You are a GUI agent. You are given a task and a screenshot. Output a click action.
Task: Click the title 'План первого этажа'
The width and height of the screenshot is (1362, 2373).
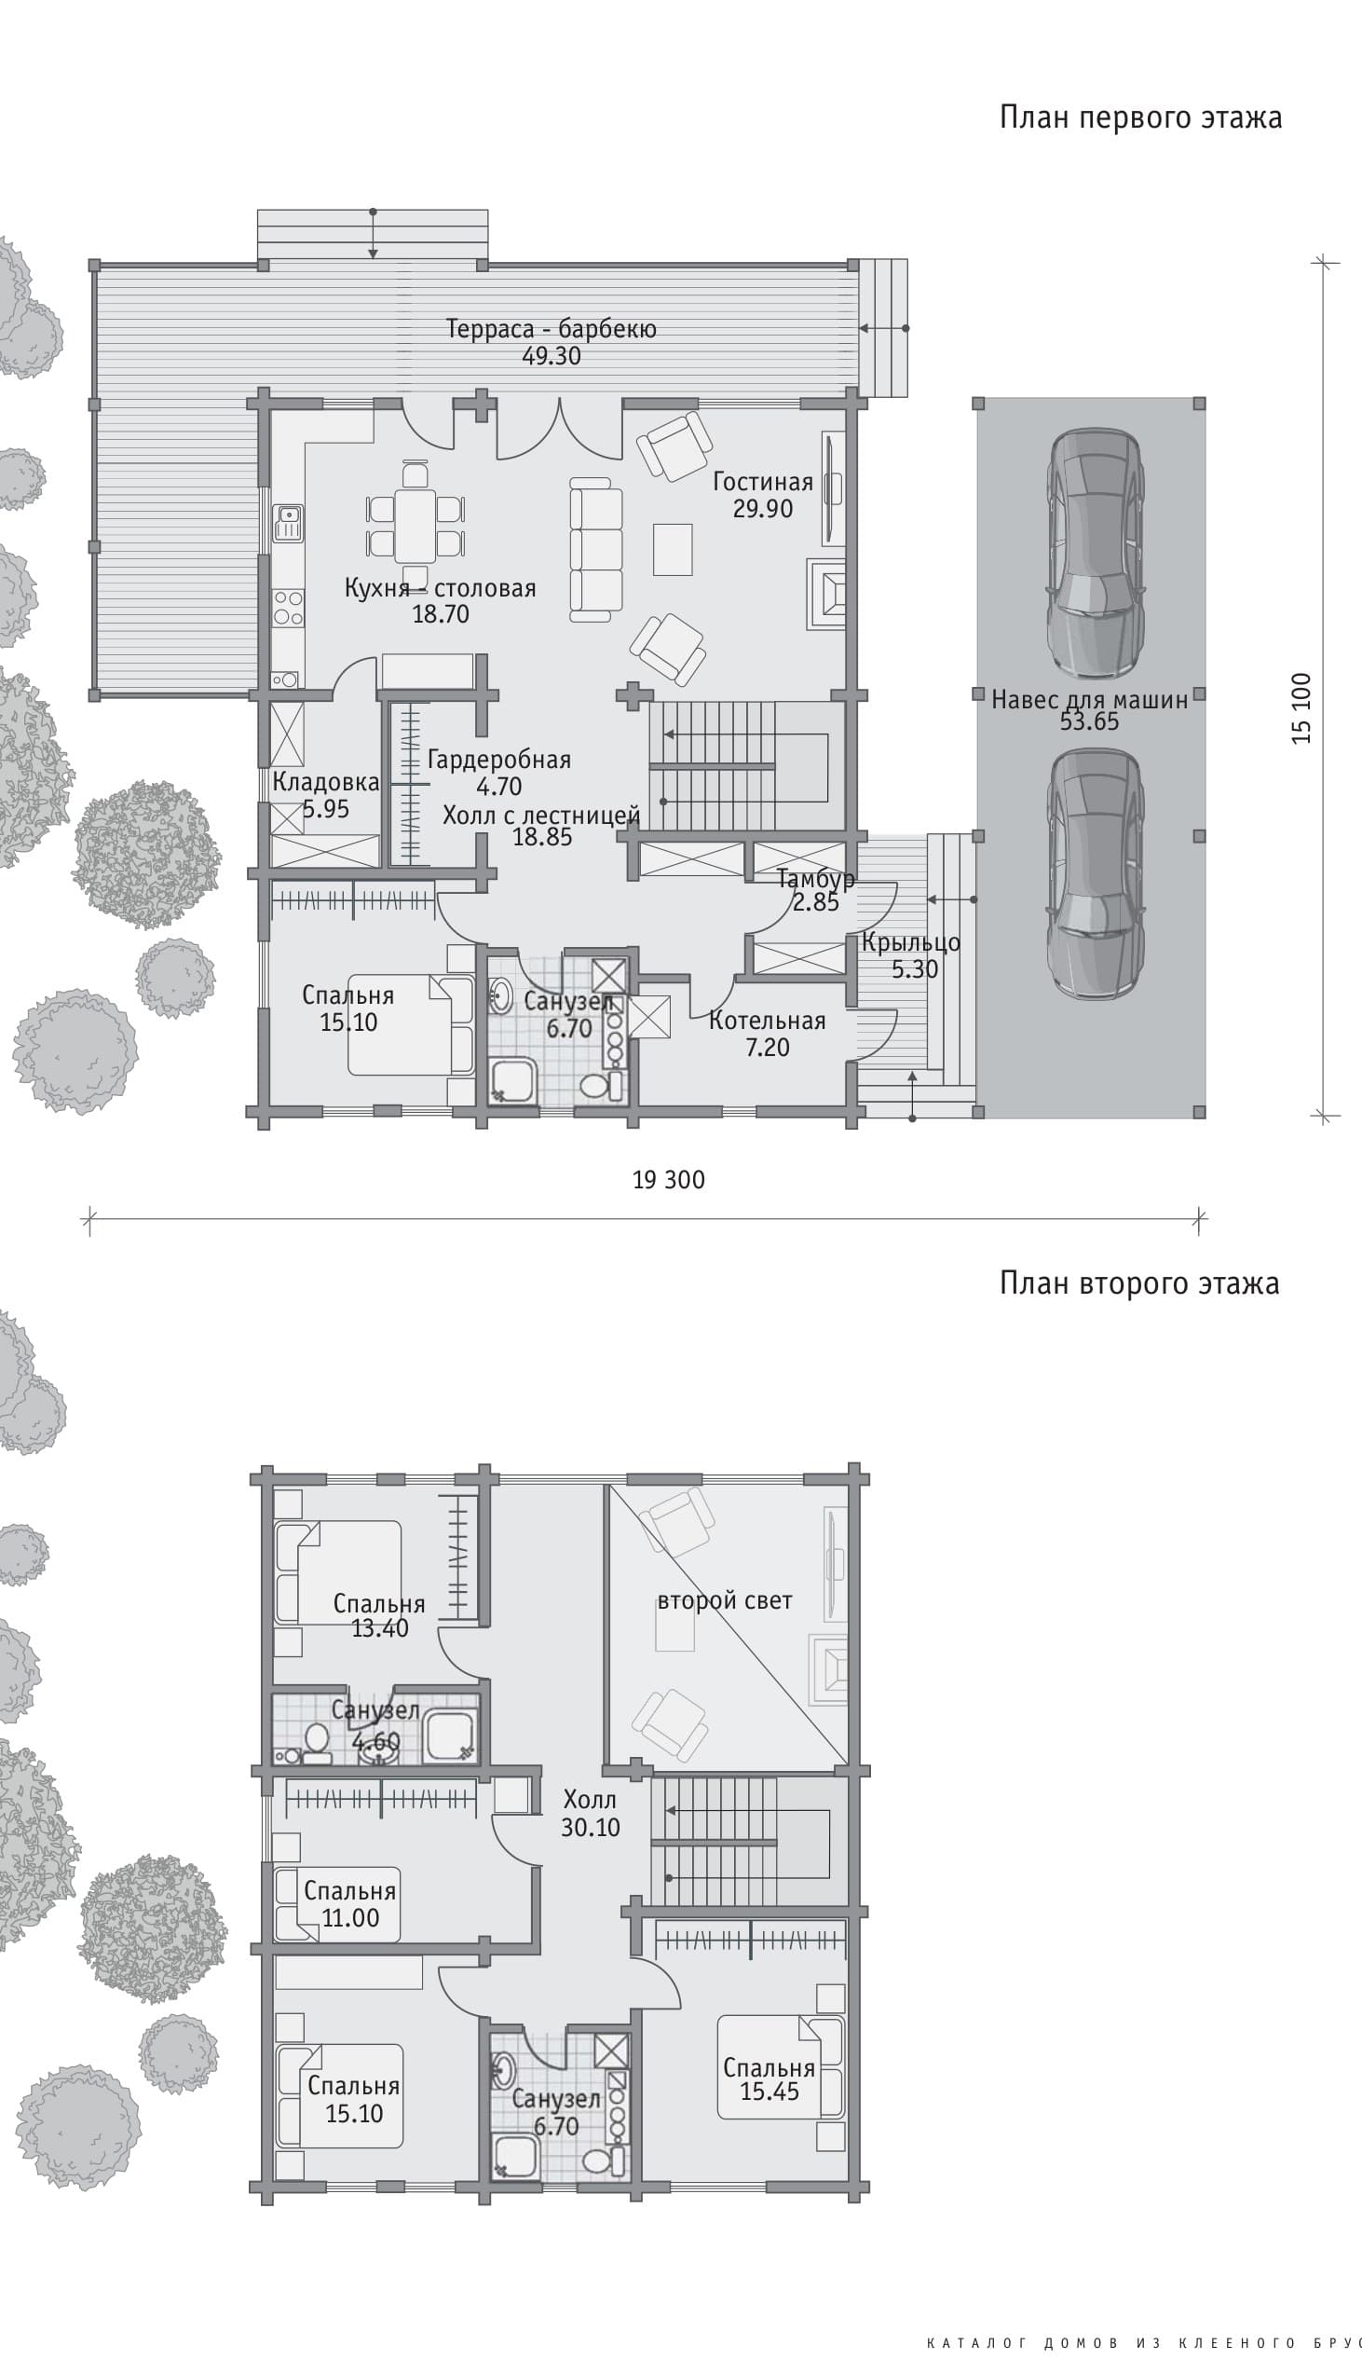coord(1140,117)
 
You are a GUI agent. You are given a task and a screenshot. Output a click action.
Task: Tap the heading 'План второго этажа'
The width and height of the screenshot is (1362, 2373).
coord(1139,1283)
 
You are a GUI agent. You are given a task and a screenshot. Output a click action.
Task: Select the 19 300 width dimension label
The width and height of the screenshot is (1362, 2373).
coord(669,1180)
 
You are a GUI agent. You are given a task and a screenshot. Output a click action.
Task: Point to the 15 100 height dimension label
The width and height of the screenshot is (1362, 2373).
coord(1301,708)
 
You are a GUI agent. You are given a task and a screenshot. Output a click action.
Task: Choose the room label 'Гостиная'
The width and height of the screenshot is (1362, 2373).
coord(762,482)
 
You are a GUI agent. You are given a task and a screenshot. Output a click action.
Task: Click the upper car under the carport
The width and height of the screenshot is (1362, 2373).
coord(1095,553)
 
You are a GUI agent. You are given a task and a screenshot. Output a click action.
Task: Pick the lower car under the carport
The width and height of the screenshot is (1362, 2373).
coord(1095,874)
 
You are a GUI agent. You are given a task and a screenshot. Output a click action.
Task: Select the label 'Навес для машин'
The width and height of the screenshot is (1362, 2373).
coord(1090,699)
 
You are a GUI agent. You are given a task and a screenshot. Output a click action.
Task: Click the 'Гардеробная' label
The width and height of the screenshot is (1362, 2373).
coord(498,760)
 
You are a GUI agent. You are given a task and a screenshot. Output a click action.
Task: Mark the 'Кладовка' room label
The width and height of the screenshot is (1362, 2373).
coord(325,782)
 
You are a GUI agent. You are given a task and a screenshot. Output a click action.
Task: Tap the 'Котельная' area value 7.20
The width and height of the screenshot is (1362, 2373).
coord(767,1048)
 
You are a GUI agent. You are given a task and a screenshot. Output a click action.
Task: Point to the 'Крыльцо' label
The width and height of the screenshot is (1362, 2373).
coord(911,943)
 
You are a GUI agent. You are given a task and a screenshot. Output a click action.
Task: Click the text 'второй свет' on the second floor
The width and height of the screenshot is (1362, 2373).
coord(725,1601)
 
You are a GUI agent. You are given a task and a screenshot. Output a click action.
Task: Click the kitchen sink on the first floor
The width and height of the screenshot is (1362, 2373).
coord(288,523)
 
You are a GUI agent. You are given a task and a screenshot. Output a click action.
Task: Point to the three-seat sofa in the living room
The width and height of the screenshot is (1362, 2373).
coord(596,548)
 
